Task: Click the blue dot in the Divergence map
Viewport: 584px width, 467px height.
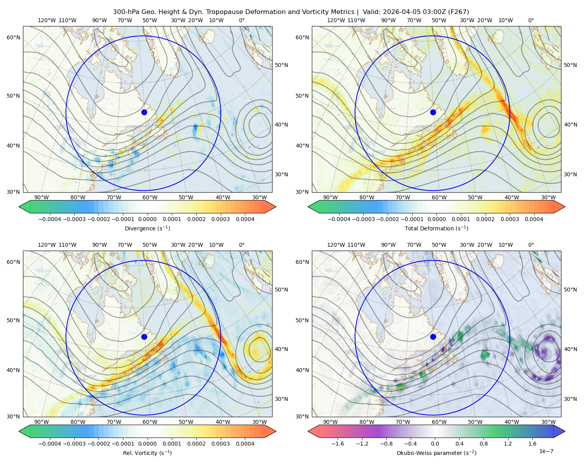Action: click(144, 112)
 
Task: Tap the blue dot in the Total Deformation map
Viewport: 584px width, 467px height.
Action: click(433, 112)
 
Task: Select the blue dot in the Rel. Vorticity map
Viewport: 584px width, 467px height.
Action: click(144, 337)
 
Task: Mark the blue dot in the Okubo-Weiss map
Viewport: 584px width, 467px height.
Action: click(433, 337)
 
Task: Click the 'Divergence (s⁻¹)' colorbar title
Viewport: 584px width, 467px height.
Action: click(147, 228)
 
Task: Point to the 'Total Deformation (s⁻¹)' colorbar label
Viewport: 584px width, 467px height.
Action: click(436, 228)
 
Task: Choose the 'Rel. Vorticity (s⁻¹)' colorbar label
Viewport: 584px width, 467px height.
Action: click(147, 453)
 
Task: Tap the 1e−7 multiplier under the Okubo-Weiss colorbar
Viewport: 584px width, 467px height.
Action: click(546, 451)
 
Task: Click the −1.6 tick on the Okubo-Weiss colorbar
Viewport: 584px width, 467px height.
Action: click(338, 444)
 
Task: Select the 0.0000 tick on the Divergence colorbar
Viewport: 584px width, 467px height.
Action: click(147, 219)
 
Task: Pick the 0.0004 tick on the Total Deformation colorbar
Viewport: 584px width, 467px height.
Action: click(534, 219)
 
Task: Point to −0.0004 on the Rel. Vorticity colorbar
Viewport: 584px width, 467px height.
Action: click(50, 444)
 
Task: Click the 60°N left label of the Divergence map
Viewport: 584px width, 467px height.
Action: click(13, 37)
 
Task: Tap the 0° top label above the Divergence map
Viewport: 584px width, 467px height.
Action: click(242, 20)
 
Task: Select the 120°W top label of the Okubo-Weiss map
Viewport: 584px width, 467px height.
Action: click(336, 245)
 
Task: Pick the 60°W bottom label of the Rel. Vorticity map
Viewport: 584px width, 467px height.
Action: click(150, 422)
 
